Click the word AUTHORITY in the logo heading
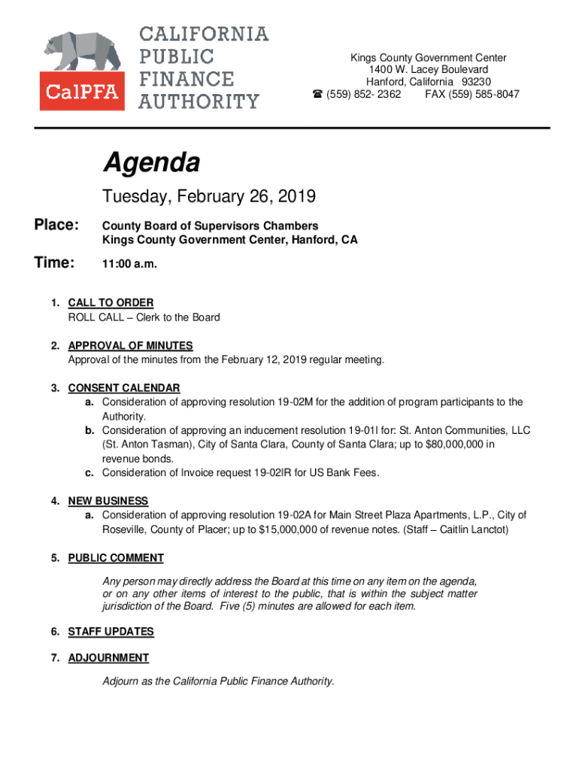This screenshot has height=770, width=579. click(x=199, y=102)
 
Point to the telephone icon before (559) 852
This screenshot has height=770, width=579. click(x=317, y=94)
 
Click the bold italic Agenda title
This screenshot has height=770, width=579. click(x=151, y=162)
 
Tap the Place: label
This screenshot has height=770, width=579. click(x=56, y=226)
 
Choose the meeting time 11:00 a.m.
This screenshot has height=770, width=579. click(x=130, y=265)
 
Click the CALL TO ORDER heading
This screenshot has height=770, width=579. click(x=111, y=302)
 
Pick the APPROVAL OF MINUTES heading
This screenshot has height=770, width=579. click(x=130, y=345)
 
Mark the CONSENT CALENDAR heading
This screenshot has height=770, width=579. click(x=124, y=388)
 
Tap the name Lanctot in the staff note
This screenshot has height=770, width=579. click(x=489, y=529)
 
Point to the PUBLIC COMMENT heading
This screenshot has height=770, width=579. click(x=116, y=558)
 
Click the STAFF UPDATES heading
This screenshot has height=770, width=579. click(x=111, y=632)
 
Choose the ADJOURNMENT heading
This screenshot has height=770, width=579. click(x=108, y=658)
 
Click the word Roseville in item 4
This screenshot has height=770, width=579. click(x=125, y=529)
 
